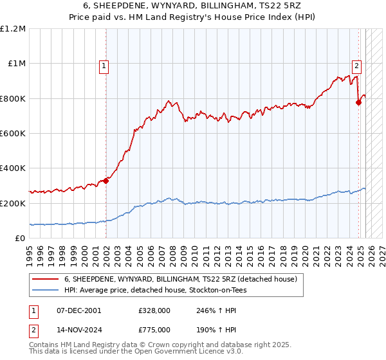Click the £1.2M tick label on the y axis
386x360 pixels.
point(14,29)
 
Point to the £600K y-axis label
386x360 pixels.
point(14,134)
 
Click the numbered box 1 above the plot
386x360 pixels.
point(104,64)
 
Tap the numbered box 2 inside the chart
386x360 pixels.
point(356,64)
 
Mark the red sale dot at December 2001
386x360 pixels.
point(106,181)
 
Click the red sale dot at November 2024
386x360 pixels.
point(358,102)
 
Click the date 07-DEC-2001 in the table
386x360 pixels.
point(79,310)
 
